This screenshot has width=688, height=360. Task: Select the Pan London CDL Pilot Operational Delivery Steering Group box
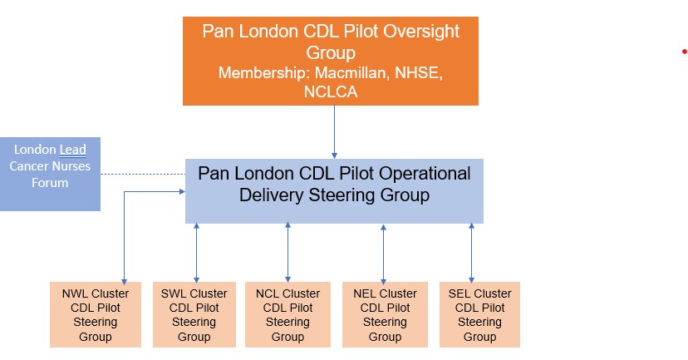pyautogui.click(x=334, y=191)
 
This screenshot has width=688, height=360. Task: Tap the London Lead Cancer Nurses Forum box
pyautogui.click(x=50, y=174)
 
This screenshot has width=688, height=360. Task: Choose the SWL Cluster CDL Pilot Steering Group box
pyautogui.click(x=194, y=315)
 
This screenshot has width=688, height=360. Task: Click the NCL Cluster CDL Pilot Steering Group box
pyautogui.click(x=287, y=315)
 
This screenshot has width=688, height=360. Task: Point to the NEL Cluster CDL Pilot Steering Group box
pyautogui.click(x=385, y=315)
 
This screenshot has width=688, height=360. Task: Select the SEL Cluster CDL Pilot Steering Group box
pyautogui.click(x=479, y=315)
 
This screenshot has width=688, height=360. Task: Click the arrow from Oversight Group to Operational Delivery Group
pyautogui.click(x=334, y=131)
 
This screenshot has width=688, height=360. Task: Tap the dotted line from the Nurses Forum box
pyautogui.click(x=142, y=174)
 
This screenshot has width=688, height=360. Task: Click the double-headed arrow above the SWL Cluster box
pyautogui.click(x=196, y=253)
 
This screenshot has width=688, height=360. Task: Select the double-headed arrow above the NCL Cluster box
pyautogui.click(x=287, y=253)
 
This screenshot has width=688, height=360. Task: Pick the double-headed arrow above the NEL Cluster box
pyautogui.click(x=383, y=253)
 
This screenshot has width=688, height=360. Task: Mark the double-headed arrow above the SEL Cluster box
pyautogui.click(x=471, y=253)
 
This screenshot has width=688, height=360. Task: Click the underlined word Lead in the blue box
pyautogui.click(x=72, y=150)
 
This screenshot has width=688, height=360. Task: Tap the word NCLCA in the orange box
pyautogui.click(x=330, y=92)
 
